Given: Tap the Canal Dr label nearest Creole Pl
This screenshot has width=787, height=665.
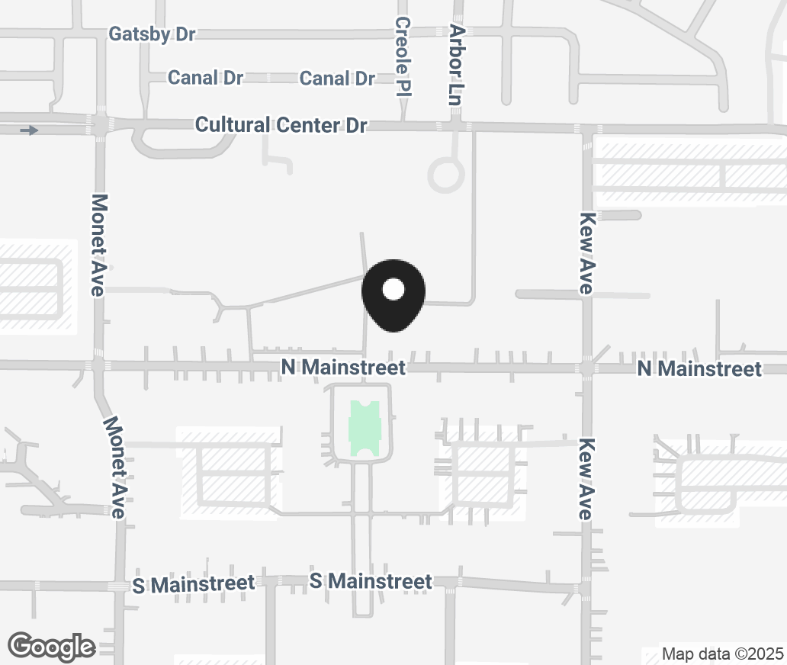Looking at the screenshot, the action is click(x=337, y=79).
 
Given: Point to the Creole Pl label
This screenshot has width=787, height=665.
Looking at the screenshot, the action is click(x=403, y=57).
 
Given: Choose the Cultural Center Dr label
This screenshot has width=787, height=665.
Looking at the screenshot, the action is click(x=281, y=125).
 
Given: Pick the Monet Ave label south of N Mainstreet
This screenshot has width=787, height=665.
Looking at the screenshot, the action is click(x=114, y=467).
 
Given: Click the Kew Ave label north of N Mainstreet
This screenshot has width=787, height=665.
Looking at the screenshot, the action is click(x=586, y=252).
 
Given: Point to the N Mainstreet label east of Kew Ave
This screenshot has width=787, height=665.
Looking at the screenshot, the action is click(x=699, y=369).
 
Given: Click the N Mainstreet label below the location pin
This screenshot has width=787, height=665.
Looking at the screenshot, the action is click(x=343, y=368).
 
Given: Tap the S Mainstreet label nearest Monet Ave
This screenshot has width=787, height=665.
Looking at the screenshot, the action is click(x=193, y=584).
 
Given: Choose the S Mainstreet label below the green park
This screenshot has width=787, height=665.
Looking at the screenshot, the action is click(x=371, y=581).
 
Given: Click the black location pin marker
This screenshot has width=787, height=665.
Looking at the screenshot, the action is click(x=392, y=294).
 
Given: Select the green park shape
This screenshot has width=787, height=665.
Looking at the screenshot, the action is click(x=364, y=430).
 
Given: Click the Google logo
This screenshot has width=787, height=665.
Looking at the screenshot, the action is click(x=52, y=647).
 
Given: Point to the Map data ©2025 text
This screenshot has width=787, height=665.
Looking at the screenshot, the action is click(x=721, y=654).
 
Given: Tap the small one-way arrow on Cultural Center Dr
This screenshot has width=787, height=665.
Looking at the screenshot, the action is click(x=29, y=131).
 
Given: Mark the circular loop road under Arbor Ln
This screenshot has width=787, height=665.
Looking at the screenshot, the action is click(x=446, y=175).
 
